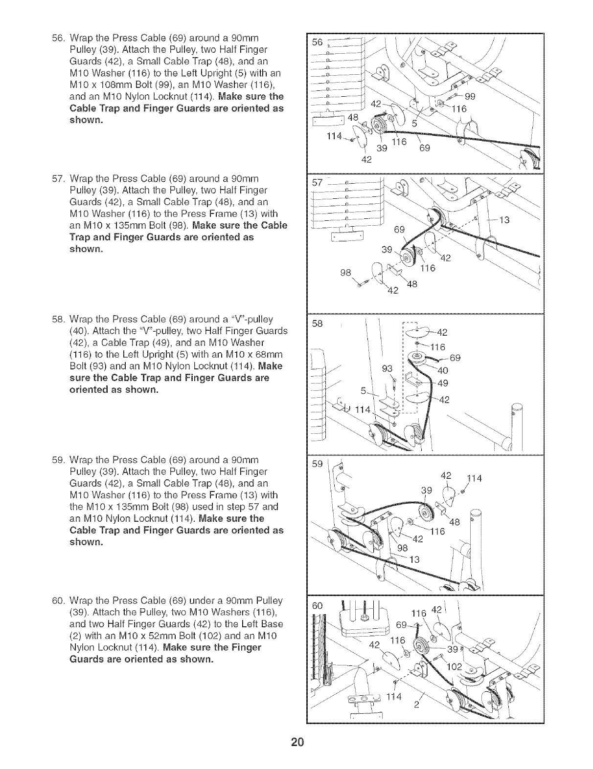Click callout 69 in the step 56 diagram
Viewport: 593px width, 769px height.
coord(424,148)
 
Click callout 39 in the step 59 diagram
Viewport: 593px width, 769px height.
coord(427,491)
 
